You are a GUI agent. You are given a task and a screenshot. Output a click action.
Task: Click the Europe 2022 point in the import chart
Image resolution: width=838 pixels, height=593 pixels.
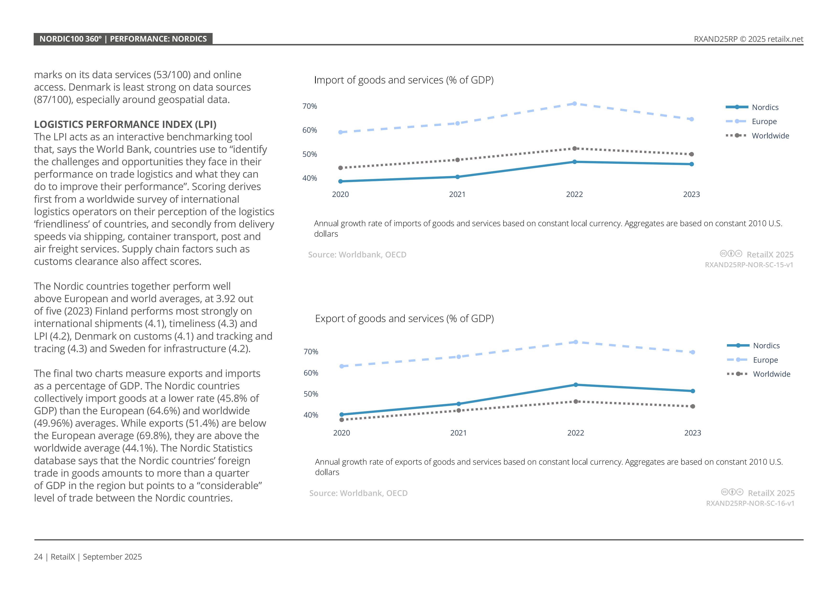(575, 104)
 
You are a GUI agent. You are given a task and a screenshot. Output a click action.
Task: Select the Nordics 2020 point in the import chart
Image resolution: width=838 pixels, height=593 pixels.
(341, 181)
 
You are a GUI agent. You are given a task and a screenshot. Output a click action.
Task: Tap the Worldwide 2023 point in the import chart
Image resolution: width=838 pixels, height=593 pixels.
(691, 154)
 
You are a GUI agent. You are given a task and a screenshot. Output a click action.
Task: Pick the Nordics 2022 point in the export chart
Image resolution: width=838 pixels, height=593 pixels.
(575, 385)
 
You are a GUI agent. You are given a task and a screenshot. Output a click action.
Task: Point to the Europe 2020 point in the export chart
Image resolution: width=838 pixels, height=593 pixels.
(342, 366)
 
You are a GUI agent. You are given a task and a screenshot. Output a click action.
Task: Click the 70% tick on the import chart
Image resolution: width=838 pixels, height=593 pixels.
(310, 106)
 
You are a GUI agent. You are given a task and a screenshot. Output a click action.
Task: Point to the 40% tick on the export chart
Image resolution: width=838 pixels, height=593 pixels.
(311, 415)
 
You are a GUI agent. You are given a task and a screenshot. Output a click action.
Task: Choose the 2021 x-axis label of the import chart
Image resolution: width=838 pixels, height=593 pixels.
(457, 195)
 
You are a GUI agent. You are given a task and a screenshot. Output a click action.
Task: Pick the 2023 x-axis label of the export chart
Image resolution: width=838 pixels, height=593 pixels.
(692, 433)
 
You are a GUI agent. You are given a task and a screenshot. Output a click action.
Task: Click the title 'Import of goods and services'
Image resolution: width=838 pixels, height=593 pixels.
(404, 80)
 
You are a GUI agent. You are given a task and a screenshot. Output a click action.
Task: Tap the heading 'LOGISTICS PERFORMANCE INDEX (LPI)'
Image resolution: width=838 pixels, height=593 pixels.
(125, 125)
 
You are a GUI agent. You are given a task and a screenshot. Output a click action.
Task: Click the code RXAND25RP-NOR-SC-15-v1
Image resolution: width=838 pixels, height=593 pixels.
(749, 265)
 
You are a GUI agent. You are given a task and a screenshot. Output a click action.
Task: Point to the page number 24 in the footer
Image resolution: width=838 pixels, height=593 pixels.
(38, 557)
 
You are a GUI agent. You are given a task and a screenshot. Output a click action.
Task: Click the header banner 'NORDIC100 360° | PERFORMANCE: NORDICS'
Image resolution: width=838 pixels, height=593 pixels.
(123, 39)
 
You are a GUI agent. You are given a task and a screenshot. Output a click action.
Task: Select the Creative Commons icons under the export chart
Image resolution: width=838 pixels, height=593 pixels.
(732, 492)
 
